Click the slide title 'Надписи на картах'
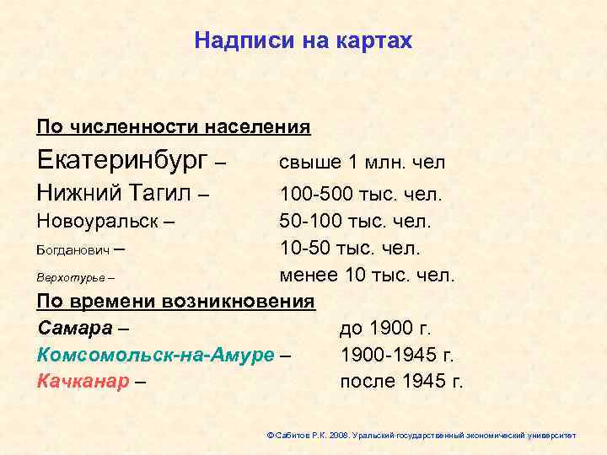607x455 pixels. [x=303, y=40]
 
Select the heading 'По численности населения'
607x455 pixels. [x=174, y=127]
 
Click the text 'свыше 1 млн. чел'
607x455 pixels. [x=363, y=162]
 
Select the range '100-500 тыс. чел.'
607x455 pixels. [x=361, y=195]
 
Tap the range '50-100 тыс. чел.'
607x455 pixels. [x=355, y=222]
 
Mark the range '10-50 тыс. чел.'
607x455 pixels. [x=350, y=249]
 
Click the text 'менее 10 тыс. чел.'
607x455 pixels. [x=367, y=275]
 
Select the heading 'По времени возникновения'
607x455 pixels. [x=176, y=301]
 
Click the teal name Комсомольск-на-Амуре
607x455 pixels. [x=156, y=354]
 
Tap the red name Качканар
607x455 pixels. [x=83, y=381]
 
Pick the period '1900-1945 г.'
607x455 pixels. [x=397, y=354]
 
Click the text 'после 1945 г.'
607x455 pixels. [x=401, y=381]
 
